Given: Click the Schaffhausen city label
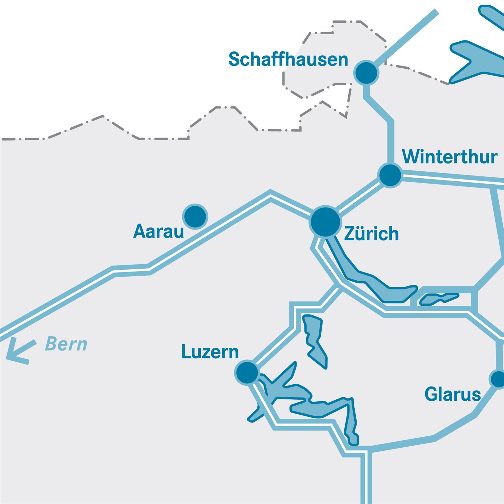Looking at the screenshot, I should click(288, 59).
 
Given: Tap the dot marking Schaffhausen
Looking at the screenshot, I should click(366, 73).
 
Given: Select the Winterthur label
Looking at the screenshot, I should click(450, 157).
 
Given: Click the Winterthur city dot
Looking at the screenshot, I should click(390, 175).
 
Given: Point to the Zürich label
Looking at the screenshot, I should click(371, 234).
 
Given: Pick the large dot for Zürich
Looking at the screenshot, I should click(325, 221).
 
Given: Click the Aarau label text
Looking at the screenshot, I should click(158, 232).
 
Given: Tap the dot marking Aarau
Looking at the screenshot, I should click(195, 216).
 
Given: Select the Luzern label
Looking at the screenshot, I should click(210, 352).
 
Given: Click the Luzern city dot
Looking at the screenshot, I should click(247, 372).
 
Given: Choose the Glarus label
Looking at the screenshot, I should click(452, 394).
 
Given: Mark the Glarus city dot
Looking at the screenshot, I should click(498, 379).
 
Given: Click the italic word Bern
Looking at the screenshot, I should click(66, 344).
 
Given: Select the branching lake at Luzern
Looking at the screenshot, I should click(299, 397).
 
